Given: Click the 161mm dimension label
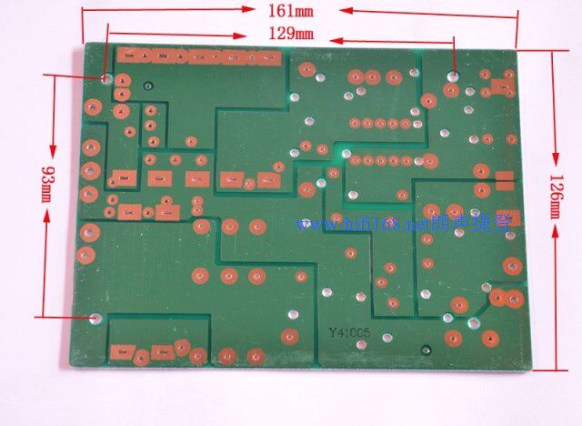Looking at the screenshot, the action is click(290, 12).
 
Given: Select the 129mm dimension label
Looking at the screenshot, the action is click(290, 34).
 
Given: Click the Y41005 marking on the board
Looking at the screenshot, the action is click(351, 334).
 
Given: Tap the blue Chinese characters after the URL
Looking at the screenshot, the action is click(478, 223).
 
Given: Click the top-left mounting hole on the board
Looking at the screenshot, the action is click(107, 79).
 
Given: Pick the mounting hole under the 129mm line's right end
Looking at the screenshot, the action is click(455, 74).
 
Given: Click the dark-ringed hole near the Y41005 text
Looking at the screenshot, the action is click(425, 349).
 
